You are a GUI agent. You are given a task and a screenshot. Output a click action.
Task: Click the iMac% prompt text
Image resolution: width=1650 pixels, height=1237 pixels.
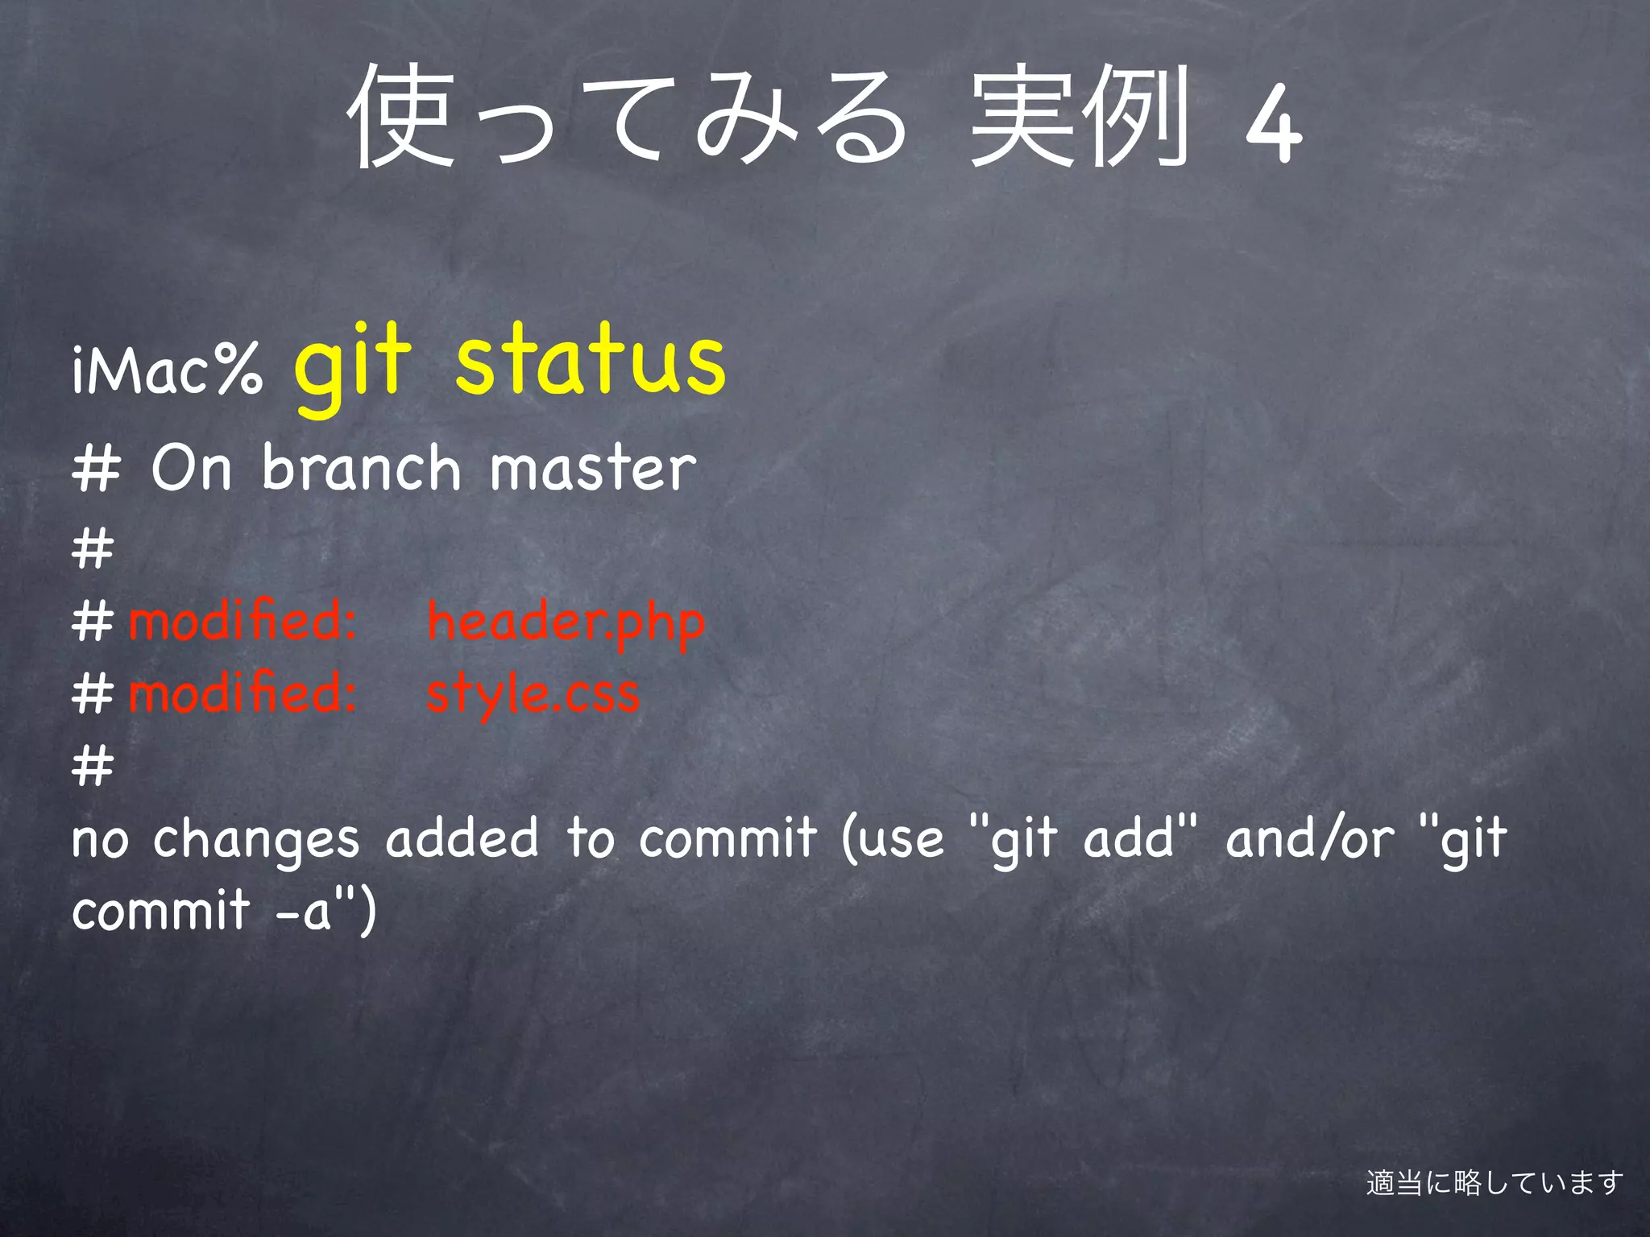coord(167,369)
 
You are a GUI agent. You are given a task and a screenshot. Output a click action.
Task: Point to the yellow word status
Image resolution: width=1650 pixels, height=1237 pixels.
coord(590,360)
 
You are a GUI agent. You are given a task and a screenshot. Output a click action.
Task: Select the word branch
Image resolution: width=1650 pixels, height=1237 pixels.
coord(361,468)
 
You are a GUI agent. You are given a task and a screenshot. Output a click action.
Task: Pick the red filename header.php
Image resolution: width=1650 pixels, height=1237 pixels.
coord(566,623)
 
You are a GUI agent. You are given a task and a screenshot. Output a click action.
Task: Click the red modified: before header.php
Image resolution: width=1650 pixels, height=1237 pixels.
coord(242,622)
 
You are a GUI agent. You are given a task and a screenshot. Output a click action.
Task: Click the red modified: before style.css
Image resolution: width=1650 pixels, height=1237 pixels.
coord(242,693)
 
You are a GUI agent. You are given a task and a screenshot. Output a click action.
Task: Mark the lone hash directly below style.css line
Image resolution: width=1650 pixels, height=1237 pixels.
coord(93,765)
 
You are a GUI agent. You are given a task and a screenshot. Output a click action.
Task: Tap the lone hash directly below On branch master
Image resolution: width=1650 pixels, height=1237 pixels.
coord(93,549)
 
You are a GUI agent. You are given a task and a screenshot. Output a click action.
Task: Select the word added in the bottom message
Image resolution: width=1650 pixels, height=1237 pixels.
coord(462,838)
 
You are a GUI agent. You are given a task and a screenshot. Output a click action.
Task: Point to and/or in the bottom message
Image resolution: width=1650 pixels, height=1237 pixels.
coord(1309,838)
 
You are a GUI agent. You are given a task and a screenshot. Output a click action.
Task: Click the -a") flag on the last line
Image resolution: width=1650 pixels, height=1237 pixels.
coord(325,911)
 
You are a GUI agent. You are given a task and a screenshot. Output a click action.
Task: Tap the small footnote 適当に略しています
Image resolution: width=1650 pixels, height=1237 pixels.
coord(1495,1183)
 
